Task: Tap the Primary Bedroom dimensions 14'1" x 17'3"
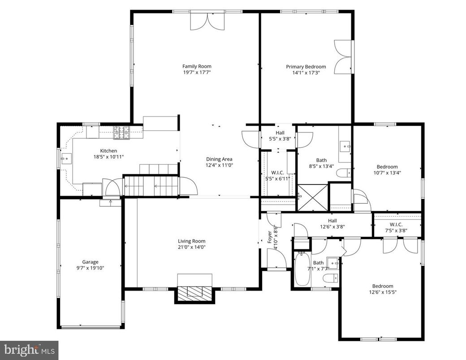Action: (x=306, y=72)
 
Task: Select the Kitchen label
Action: (x=108, y=151)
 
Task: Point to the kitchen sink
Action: (x=66, y=157)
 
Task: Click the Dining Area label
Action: (x=219, y=159)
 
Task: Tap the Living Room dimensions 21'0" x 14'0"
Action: (x=192, y=247)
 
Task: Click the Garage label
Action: (x=90, y=262)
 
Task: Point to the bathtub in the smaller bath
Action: (x=302, y=268)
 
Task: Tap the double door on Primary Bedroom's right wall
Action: (x=344, y=56)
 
